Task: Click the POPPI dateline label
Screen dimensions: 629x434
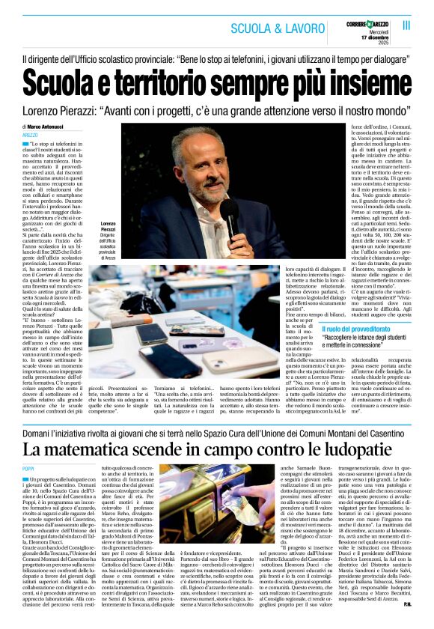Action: click(x=28, y=468)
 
